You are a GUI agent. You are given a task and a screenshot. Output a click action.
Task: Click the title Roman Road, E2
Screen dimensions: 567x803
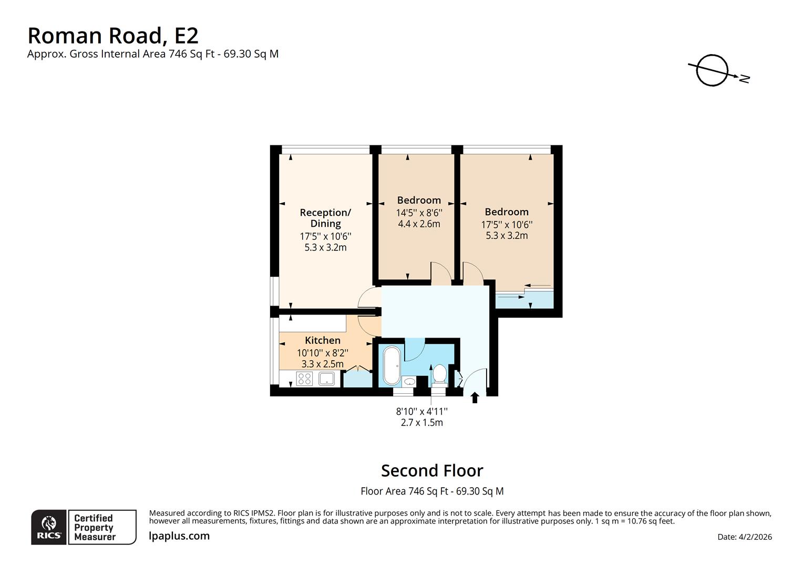click(x=113, y=36)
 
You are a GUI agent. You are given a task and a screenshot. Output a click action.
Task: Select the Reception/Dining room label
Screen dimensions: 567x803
click(x=325, y=218)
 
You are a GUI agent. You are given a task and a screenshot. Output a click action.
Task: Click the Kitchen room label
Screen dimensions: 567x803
click(x=323, y=340)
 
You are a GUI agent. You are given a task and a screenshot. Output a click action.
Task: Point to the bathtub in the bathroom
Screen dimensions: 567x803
click(x=392, y=365)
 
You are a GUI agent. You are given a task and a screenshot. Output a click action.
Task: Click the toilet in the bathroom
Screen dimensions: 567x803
click(x=439, y=374)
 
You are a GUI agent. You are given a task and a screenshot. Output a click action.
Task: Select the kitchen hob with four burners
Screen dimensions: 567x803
click(x=305, y=378)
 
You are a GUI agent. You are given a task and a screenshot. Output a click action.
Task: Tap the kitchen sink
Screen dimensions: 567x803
click(x=327, y=378)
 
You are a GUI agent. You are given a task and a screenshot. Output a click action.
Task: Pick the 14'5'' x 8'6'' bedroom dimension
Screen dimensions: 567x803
click(x=419, y=213)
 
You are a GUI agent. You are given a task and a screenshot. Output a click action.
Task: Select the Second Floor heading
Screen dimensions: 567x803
click(x=432, y=470)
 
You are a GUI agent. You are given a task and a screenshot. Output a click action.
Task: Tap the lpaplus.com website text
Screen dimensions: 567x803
click(x=179, y=536)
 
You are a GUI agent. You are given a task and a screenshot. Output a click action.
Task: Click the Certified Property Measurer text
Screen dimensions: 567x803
click(x=95, y=527)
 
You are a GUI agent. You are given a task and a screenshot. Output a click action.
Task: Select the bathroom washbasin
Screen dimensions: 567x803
click(x=409, y=381)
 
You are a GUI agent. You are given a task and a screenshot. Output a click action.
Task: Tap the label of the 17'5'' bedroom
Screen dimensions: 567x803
click(x=507, y=212)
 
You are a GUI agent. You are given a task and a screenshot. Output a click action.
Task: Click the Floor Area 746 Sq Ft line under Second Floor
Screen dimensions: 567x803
click(x=432, y=491)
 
